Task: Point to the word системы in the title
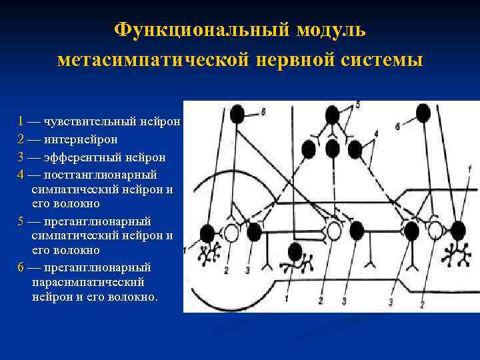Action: coord(379,61)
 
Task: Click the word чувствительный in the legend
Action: coord(86,122)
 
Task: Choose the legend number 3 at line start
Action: coord(22,157)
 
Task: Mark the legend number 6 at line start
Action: coord(22,267)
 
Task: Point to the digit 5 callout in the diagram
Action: coord(357,105)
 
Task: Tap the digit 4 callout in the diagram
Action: coord(377,134)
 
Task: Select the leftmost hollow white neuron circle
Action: coord(231,233)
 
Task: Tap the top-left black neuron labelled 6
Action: coord(237,114)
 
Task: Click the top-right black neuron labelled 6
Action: coord(421,114)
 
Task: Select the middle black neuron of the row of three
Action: coord(333,148)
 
